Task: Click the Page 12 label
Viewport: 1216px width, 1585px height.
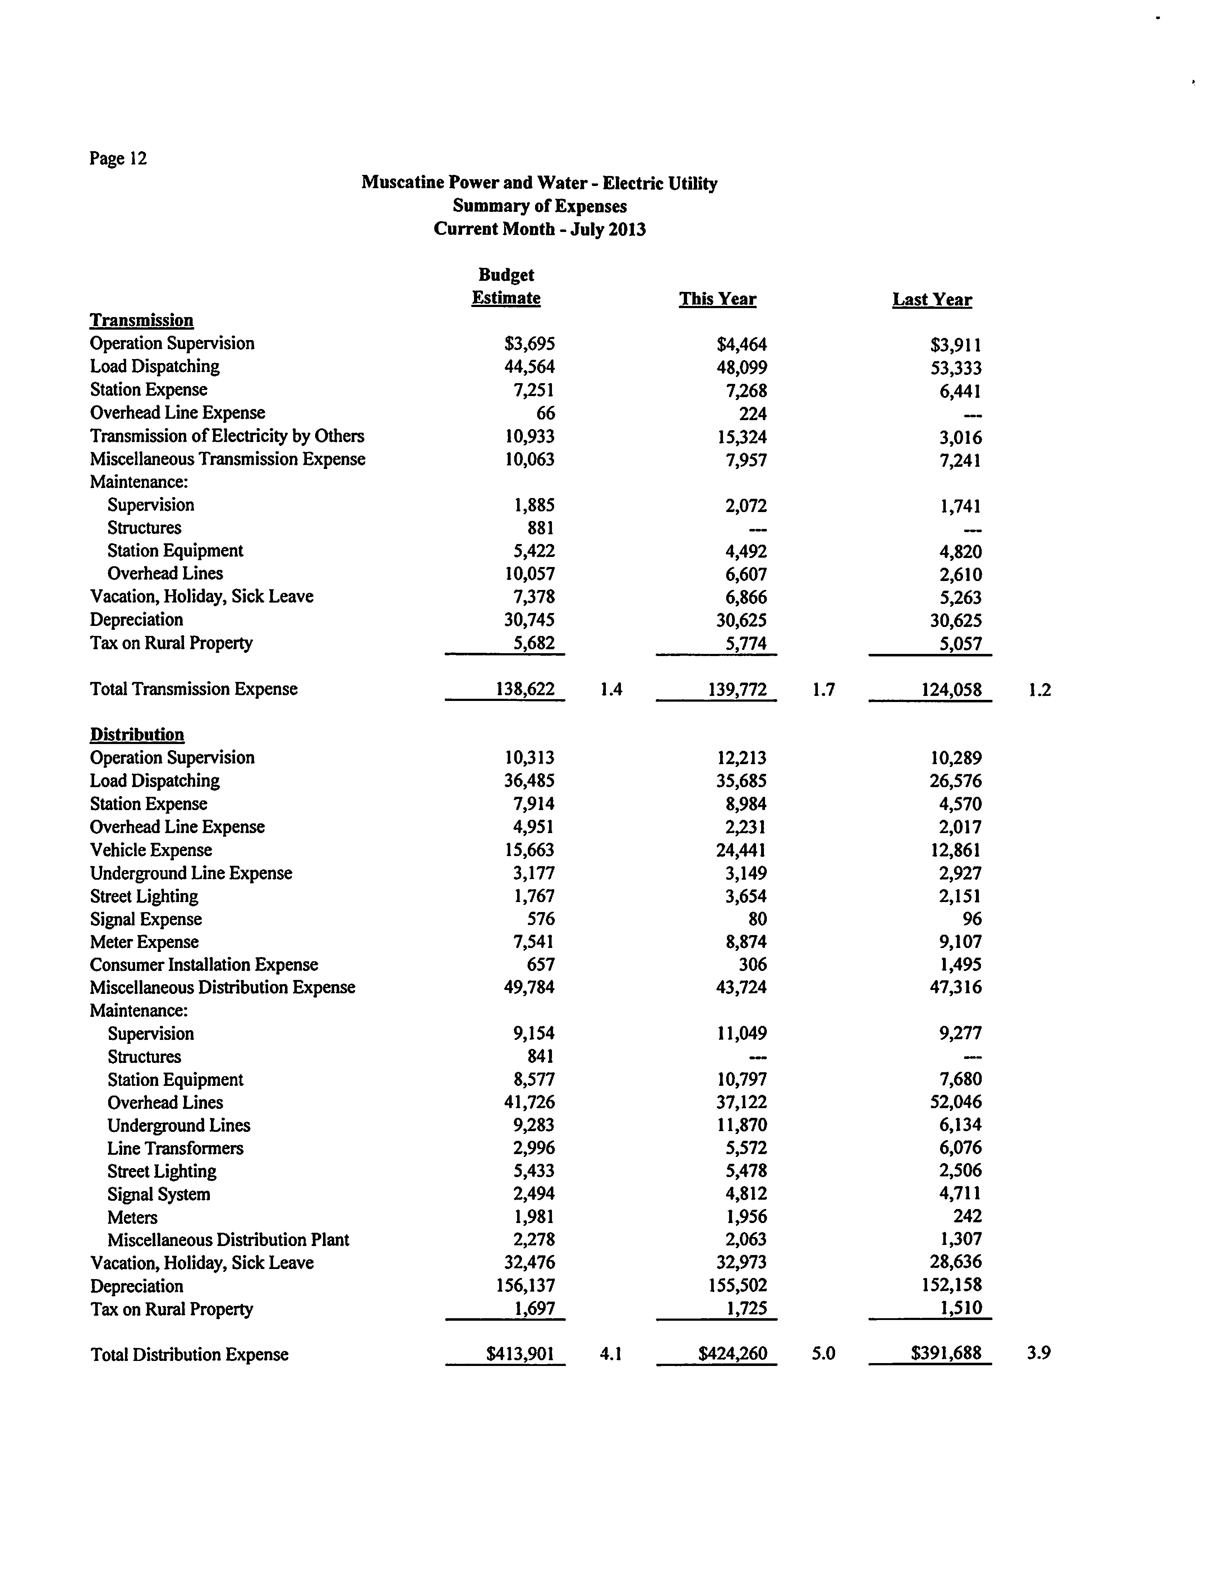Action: (x=118, y=158)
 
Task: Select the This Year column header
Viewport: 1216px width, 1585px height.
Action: (x=717, y=299)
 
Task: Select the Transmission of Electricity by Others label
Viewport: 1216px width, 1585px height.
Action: (x=226, y=436)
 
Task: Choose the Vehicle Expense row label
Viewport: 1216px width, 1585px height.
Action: (x=151, y=850)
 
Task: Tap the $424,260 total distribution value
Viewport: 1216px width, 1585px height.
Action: (x=732, y=1353)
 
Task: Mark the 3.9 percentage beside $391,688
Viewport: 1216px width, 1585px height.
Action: (x=1038, y=1353)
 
